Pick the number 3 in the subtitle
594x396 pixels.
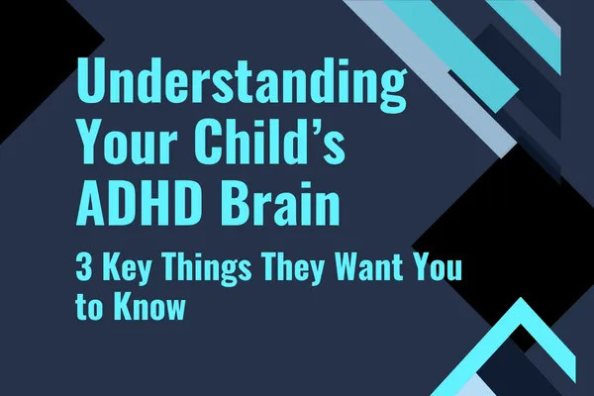click(83, 267)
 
